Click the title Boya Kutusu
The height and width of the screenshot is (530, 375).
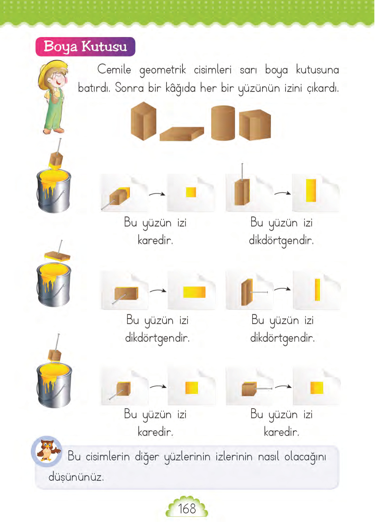click(85, 47)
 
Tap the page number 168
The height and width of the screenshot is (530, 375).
click(187, 509)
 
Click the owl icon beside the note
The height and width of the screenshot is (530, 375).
click(47, 450)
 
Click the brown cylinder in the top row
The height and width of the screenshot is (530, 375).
click(223, 123)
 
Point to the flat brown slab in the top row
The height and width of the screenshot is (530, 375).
click(182, 134)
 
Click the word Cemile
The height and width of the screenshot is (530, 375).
click(114, 70)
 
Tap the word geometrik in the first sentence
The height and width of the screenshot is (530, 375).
click(162, 70)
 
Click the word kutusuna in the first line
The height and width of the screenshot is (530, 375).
click(317, 70)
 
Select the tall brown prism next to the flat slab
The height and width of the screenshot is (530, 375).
click(143, 121)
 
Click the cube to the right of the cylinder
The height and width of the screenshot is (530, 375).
click(255, 125)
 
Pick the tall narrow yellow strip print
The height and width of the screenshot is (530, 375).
click(317, 290)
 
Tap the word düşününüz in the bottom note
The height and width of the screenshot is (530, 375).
click(76, 477)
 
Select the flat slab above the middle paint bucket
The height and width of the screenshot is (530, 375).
click(57, 256)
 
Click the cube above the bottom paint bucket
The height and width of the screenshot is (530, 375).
click(55, 356)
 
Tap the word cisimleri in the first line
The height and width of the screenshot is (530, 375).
click(213, 70)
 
